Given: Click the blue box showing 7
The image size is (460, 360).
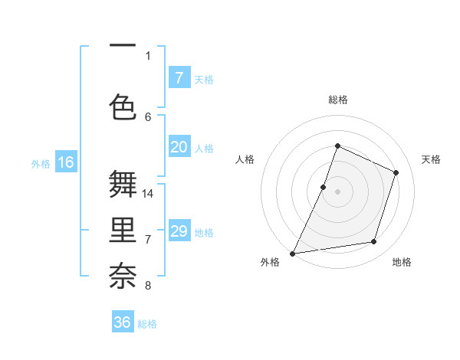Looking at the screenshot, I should pos(179,77).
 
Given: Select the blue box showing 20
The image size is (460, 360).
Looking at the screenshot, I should pos(179,148).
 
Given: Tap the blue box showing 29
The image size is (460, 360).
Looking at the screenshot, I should pos(179,231).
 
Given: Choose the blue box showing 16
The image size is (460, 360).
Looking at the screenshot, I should pos(65,162).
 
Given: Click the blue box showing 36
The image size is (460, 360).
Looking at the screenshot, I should pos(123,322).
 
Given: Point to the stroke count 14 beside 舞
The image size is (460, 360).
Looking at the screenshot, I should pos(148,193).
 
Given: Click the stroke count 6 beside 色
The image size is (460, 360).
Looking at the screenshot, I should pos(148,116).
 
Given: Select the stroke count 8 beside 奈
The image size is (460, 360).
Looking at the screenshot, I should pos(148,286).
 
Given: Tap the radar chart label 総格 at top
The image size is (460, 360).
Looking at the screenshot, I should pos(337,100).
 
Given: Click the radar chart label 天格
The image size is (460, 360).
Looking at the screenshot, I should pos(431,159).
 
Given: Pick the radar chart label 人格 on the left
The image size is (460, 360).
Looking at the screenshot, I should pos(245,159).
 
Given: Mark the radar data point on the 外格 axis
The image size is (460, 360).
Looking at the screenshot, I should pos(292,253).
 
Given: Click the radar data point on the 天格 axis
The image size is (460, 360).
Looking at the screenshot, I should pos(396,172).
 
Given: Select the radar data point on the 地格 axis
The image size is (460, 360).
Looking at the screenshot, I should pos(374,242).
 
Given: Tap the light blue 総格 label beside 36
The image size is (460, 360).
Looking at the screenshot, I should pos(147,324).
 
